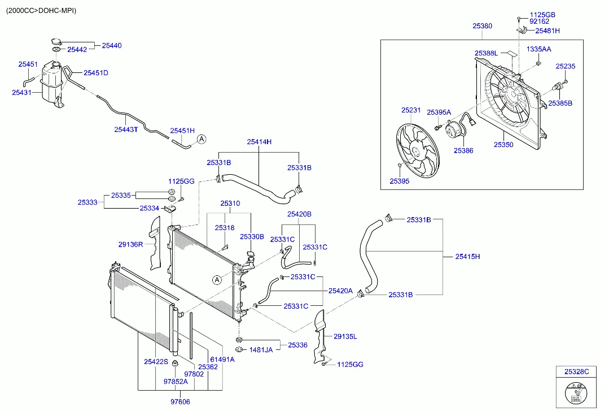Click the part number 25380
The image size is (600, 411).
(x=482, y=26)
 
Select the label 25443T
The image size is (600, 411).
(x=126, y=129)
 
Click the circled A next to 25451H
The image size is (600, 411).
(x=202, y=139)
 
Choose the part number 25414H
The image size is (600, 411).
(x=259, y=142)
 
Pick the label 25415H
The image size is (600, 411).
(x=467, y=257)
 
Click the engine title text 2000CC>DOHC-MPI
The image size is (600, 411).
(x=41, y=11)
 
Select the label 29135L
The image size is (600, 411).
(x=345, y=336)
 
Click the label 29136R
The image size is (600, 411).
(x=130, y=244)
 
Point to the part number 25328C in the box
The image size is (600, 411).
(x=576, y=371)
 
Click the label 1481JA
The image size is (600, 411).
(x=261, y=350)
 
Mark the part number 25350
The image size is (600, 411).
(x=503, y=145)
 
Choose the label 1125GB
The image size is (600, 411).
(x=542, y=14)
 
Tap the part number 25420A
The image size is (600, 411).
(x=340, y=291)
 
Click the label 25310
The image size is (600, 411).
(x=230, y=203)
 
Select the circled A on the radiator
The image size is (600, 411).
(x=217, y=279)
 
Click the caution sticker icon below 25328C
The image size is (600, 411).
(x=576, y=392)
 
